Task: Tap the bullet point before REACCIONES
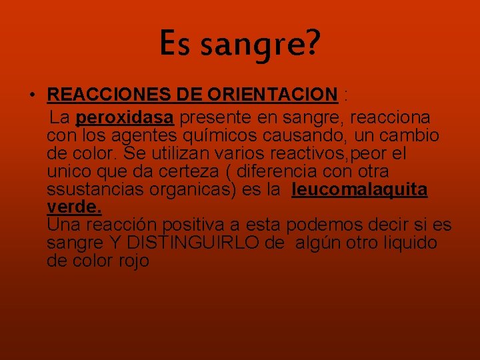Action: (32, 95)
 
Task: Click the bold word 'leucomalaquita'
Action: (359, 190)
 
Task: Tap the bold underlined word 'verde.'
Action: (74, 207)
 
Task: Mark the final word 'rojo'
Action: (134, 261)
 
